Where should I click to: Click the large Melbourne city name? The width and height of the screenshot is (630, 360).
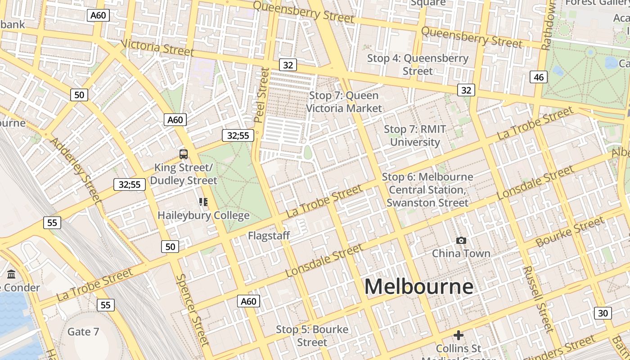418,287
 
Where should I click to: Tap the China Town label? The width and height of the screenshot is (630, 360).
461,253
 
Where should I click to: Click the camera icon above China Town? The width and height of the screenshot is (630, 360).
461,241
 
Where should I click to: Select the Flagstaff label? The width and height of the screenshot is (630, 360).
269,235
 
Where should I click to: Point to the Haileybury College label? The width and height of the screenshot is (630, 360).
203,216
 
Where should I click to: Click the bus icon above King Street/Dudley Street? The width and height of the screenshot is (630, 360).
184,154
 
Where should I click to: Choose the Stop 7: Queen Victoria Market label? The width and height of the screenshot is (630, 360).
344,102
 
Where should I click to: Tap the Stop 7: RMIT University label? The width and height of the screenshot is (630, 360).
415,135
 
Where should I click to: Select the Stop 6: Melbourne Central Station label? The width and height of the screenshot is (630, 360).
427,190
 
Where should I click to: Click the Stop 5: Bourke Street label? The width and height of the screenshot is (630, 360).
312,336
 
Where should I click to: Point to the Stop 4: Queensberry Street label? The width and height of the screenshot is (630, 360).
418,64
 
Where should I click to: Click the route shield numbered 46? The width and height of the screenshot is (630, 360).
539,77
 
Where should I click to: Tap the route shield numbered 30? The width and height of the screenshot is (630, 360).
603,313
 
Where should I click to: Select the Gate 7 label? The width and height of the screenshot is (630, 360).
83,332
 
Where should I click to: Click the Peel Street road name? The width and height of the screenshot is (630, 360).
261,95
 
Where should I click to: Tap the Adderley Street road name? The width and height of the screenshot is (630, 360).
75,169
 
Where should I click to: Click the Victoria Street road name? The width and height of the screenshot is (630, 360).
157,48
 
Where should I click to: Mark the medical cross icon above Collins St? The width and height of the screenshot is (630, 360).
459,335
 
